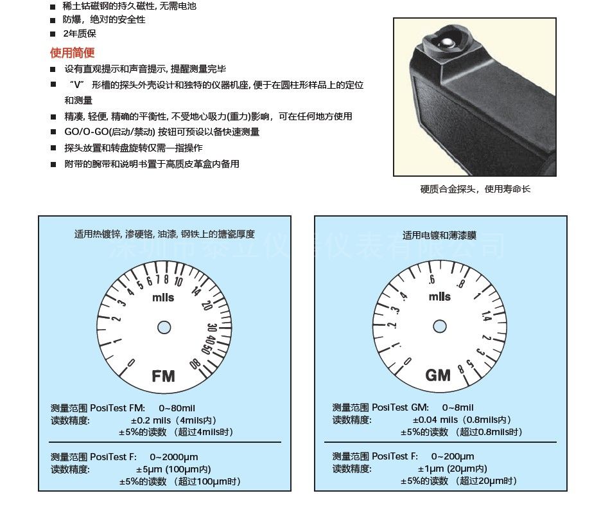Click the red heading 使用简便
pyautogui.click(x=73, y=53)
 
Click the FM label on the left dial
pyautogui.click(x=163, y=376)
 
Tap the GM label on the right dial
pyautogui.click(x=438, y=375)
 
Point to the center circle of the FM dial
pyautogui.click(x=164, y=327)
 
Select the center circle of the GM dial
pyautogui.click(x=440, y=326)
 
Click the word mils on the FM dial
pyautogui.click(x=163, y=298)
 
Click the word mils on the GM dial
pyautogui.click(x=440, y=296)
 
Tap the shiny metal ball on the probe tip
pyautogui.click(x=448, y=42)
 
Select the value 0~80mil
pyautogui.click(x=177, y=408)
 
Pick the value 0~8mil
pyautogui.click(x=458, y=407)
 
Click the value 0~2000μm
pyautogui.click(x=174, y=457)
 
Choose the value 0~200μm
pyautogui.click(x=453, y=456)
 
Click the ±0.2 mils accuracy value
pyautogui.click(x=151, y=420)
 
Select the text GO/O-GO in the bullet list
pyautogui.click(x=87, y=132)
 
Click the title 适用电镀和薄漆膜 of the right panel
pyautogui.click(x=439, y=235)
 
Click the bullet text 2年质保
pyautogui.click(x=80, y=33)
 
